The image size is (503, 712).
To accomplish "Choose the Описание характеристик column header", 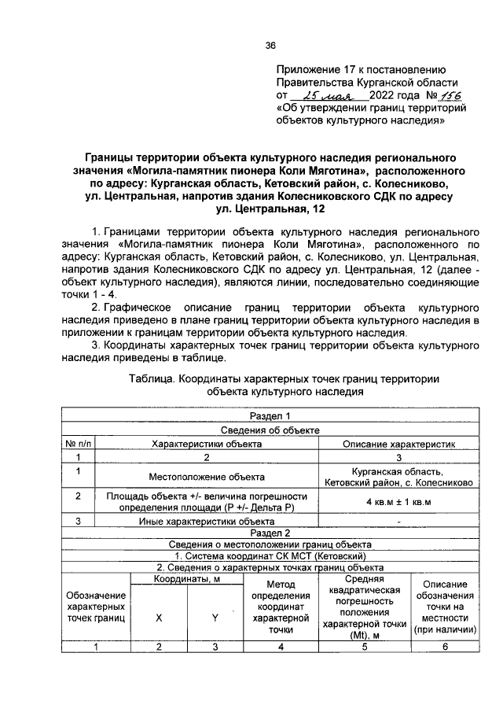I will click(x=398, y=443).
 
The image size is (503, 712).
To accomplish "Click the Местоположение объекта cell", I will click(x=206, y=476).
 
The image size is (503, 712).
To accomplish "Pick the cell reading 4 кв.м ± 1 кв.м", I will click(x=398, y=501).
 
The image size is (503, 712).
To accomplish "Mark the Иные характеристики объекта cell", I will click(x=206, y=521).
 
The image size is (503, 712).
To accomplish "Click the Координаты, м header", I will click(x=186, y=579).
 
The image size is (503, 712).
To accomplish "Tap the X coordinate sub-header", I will click(x=159, y=618).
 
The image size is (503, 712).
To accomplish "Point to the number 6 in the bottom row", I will click(x=445, y=647).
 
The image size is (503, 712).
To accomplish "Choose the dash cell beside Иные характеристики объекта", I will click(x=398, y=521).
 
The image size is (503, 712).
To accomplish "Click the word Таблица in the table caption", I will click(x=151, y=378).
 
